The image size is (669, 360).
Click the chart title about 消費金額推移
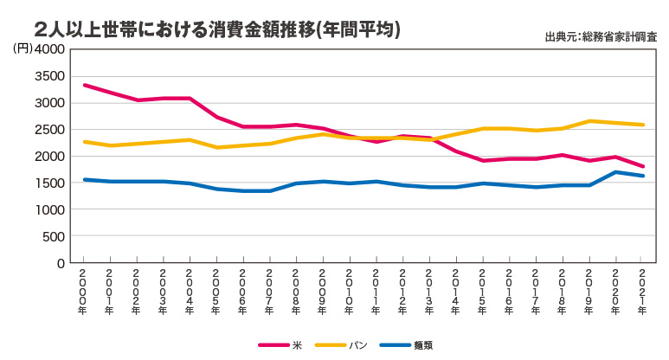click(x=217, y=29)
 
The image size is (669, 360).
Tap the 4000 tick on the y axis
click(x=49, y=49)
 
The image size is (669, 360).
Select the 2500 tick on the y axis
click(x=49, y=130)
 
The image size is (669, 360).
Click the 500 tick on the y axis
click(x=54, y=236)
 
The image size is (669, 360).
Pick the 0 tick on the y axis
click(x=61, y=263)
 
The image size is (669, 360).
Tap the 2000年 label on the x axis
click(x=83, y=286)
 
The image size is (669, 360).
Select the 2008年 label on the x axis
click(x=295, y=286)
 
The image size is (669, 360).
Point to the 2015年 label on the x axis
click(x=481, y=286)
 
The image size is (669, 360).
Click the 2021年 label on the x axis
click(x=641, y=286)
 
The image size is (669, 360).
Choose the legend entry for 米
click(x=280, y=344)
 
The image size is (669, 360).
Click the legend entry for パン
click(x=338, y=344)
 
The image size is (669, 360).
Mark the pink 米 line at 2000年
click(x=84, y=85)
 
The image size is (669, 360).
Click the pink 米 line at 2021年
click(x=641, y=166)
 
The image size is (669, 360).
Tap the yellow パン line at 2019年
click(x=589, y=121)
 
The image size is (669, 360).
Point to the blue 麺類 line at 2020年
click(x=615, y=172)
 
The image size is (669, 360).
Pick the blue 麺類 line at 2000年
click(x=84, y=179)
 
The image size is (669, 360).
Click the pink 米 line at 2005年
click(x=216, y=117)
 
